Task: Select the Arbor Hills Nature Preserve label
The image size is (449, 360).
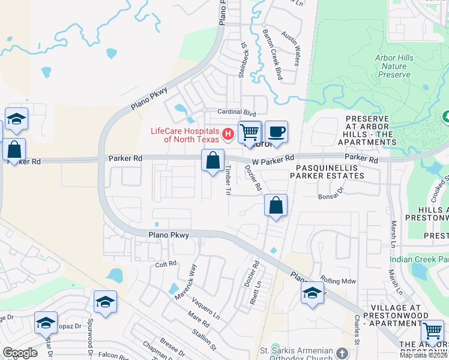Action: [x=394, y=66]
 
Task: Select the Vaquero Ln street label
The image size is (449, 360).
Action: [x=208, y=311]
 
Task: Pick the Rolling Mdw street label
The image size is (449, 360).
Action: [x=338, y=280]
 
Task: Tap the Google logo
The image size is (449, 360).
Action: [x=20, y=353]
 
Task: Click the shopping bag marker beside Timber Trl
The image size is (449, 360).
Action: [x=212, y=161]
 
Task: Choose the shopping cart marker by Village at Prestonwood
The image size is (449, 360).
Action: [x=432, y=331]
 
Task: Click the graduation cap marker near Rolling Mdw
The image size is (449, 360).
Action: [x=312, y=293]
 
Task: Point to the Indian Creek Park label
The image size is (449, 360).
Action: [x=419, y=259]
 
